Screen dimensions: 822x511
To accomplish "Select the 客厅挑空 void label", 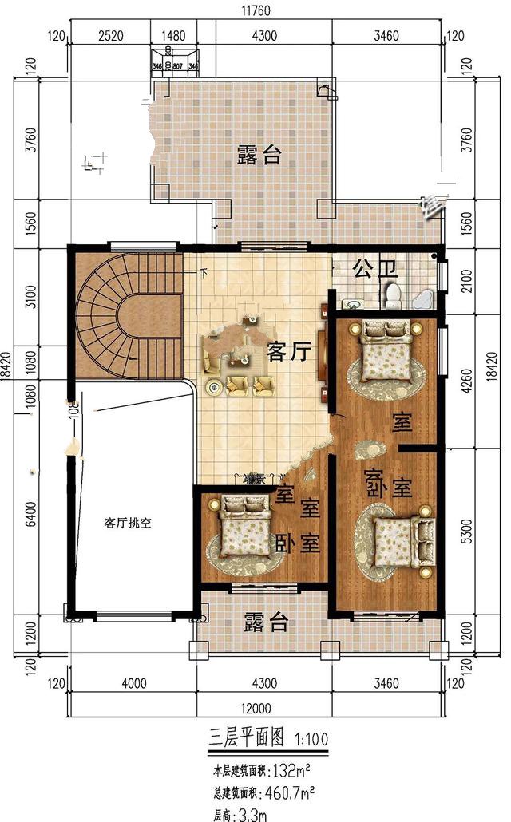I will click(128, 523).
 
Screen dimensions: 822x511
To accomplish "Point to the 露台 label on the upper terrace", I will click(259, 155).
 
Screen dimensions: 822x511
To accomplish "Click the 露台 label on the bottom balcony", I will click(266, 622).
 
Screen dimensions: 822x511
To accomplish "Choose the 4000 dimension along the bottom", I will click(133, 683).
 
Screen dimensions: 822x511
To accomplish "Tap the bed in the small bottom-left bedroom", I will click(244, 527).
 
